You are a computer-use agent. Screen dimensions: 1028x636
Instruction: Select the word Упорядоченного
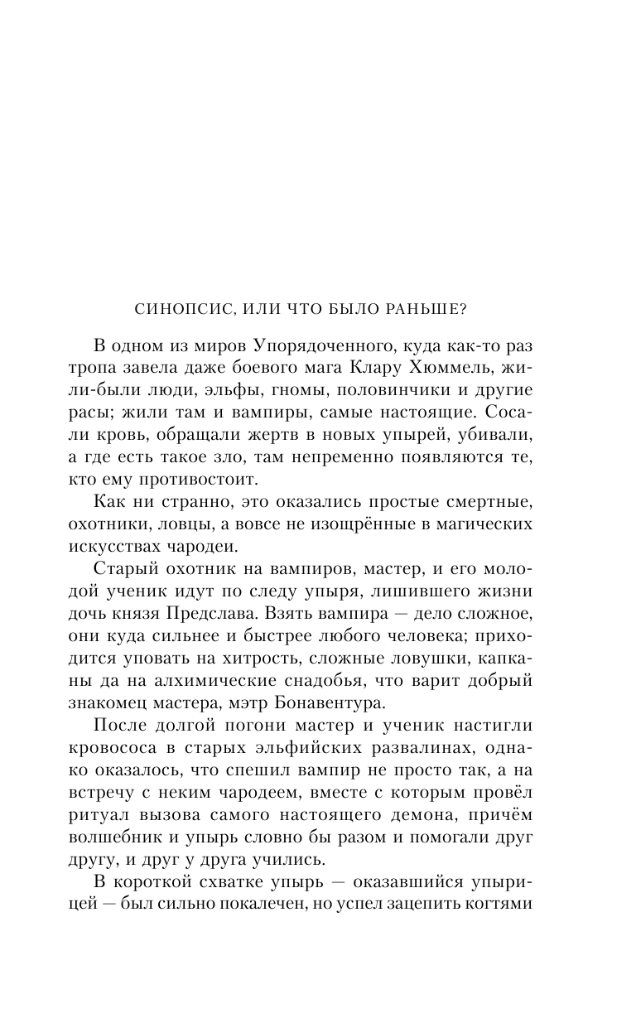coord(320,344)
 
